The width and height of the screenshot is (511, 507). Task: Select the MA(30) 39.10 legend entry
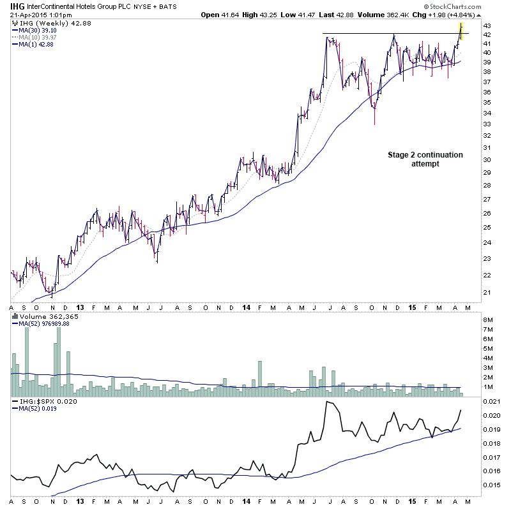pyautogui.click(x=36, y=30)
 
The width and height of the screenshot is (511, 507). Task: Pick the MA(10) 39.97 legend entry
pyautogui.click(x=36, y=37)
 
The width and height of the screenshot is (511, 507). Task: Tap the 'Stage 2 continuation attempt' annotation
pyautogui.click(x=425, y=159)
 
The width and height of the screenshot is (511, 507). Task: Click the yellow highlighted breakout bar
pyautogui.click(x=461, y=31)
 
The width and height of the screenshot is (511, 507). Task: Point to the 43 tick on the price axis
pyautogui.click(x=487, y=25)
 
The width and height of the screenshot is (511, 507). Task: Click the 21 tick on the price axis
pyautogui.click(x=487, y=293)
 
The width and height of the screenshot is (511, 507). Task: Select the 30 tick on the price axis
pyautogui.click(x=487, y=159)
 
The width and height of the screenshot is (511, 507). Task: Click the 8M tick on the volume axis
pyautogui.click(x=489, y=320)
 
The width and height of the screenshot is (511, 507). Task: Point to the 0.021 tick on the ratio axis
pyautogui.click(x=491, y=400)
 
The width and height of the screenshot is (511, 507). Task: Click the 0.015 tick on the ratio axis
pyautogui.click(x=491, y=485)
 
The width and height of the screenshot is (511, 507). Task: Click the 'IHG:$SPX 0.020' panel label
pyautogui.click(x=42, y=400)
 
